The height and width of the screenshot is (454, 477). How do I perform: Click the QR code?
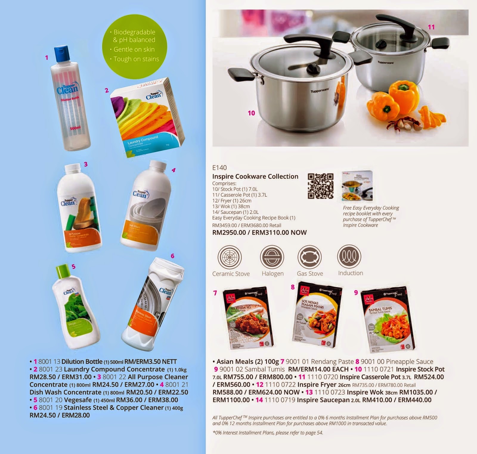(320, 186)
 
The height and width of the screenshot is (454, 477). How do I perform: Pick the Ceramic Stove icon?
(230, 257)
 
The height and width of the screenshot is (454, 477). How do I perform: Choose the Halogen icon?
(272, 257)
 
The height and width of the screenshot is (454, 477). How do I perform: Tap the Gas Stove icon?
(310, 257)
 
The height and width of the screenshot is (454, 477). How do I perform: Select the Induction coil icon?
(349, 256)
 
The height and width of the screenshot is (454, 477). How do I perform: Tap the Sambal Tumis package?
(388, 319)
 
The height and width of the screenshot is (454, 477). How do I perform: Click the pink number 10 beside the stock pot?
(251, 113)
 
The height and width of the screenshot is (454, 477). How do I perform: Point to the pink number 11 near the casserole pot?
(431, 27)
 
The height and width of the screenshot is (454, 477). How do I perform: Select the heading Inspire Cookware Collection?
(255, 176)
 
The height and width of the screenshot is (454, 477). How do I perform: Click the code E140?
(219, 168)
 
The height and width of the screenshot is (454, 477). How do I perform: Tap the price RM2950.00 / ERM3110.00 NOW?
(259, 232)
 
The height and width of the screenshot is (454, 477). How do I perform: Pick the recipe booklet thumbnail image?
(357, 186)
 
